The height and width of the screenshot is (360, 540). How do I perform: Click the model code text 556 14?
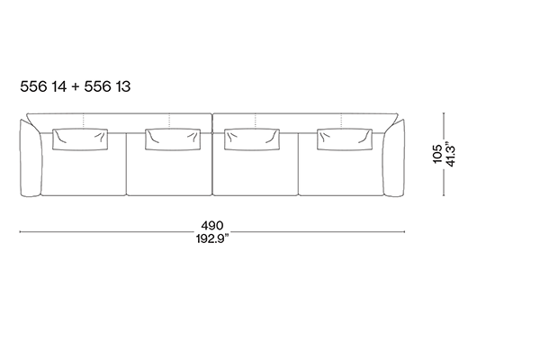pyautogui.click(x=43, y=86)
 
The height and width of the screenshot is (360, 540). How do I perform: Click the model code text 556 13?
pyautogui.click(x=107, y=86)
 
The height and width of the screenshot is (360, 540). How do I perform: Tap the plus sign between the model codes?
pyautogui.click(x=76, y=86)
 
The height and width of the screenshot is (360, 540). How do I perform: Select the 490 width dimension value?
pyautogui.click(x=212, y=226)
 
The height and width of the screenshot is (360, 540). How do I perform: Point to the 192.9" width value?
pyautogui.click(x=212, y=238)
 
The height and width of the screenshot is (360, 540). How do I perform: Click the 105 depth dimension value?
pyautogui.click(x=437, y=154)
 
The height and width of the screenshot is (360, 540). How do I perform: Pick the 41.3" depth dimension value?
pyautogui.click(x=450, y=154)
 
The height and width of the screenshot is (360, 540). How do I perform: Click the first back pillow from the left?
pyautogui.click(x=80, y=139)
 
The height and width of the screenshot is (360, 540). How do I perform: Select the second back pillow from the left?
pyautogui.click(x=173, y=139)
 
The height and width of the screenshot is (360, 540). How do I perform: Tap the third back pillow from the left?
pyautogui.click(x=252, y=139)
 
